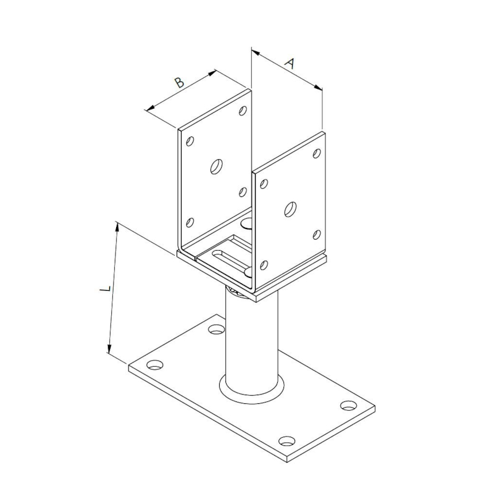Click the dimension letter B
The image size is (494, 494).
179,83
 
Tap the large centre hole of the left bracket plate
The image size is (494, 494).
217,166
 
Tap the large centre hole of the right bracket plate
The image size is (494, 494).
290,209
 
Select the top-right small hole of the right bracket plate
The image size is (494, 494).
317,153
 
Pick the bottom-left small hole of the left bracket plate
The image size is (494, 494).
190,222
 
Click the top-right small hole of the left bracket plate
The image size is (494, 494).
243,111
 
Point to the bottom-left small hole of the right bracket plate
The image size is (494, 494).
264,266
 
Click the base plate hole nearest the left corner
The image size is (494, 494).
156,365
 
